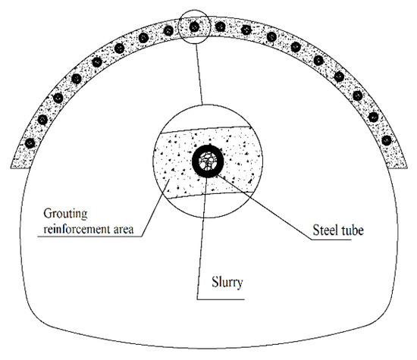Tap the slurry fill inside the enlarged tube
coord(208,160)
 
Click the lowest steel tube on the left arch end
coord(29,142)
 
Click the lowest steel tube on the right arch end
coord(387,140)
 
